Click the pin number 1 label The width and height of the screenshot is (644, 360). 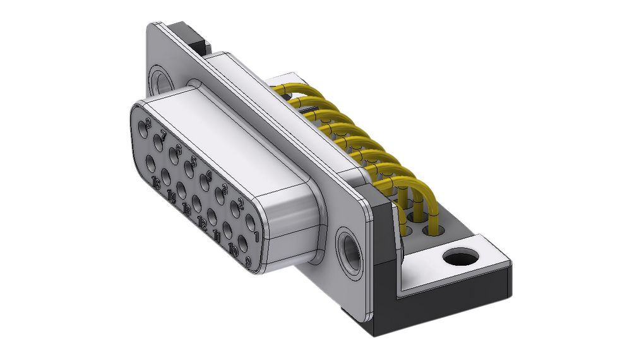click(256, 236)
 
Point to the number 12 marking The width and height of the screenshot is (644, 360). click(202, 222)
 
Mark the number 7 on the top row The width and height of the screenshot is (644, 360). click(164, 134)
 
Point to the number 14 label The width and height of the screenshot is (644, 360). click(171, 196)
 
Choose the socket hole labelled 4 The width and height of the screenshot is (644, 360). click(205, 182)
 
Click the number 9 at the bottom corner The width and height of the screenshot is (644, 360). click(247, 261)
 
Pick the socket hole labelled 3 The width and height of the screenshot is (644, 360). click(220, 194)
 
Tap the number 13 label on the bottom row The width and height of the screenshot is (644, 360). click(186, 209)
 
